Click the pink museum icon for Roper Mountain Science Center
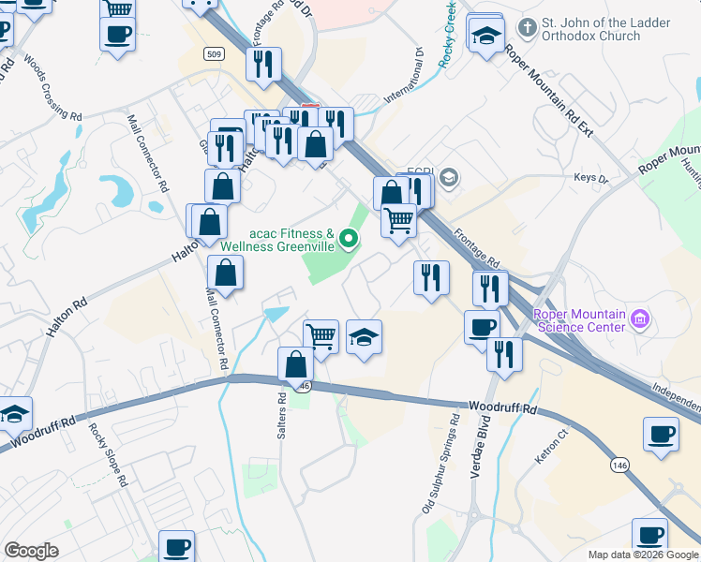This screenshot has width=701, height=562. point(641,320)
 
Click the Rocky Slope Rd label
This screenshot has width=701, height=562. point(108,455)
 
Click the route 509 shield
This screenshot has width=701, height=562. point(214,54)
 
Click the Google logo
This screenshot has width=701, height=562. point(32,550)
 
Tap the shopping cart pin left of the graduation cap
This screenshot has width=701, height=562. point(321,335)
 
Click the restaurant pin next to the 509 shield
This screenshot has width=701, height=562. point(262,64)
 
